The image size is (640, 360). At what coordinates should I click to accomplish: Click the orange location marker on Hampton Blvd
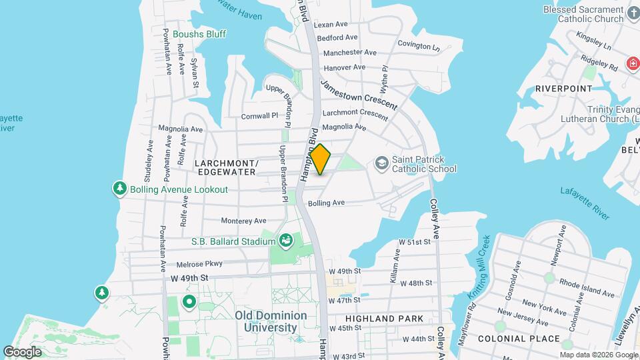(x=321, y=159)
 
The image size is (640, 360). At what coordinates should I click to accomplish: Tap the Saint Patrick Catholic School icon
(x=381, y=163)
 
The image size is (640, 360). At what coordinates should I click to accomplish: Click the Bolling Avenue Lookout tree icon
(x=120, y=189)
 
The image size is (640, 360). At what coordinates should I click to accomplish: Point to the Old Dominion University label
(x=271, y=321)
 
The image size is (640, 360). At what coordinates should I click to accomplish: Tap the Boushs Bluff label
(x=199, y=34)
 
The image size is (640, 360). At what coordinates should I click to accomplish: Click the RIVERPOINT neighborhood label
(x=563, y=88)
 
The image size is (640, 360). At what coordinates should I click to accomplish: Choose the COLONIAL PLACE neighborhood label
(x=528, y=339)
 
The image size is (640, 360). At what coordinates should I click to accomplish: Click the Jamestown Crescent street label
(x=359, y=95)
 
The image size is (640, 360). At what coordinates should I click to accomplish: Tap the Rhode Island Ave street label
(x=587, y=287)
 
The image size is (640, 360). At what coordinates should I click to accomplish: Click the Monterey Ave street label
(x=243, y=221)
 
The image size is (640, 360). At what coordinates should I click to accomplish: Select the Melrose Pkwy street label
(x=200, y=264)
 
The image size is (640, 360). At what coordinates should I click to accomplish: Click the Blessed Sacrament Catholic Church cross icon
(x=633, y=11)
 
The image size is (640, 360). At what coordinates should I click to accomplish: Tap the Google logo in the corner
(x=22, y=351)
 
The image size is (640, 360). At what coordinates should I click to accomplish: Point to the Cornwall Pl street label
(x=259, y=115)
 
